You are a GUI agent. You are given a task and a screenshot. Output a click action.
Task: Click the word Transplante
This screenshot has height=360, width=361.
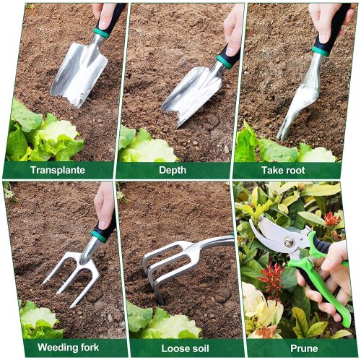pyautogui.click(x=58, y=171)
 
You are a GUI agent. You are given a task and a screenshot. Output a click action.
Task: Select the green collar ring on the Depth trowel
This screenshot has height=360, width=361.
pyautogui.click(x=224, y=62)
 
